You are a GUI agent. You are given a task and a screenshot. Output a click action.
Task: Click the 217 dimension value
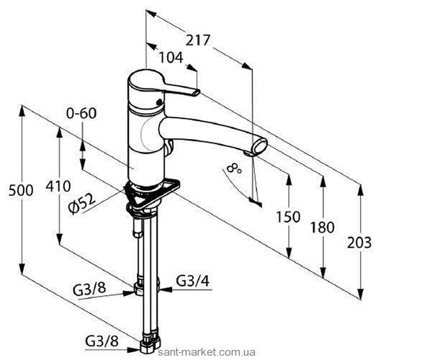point(197,40)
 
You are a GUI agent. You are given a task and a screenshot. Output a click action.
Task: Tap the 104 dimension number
point(171,58)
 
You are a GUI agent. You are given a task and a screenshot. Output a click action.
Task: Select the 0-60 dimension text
point(81,113)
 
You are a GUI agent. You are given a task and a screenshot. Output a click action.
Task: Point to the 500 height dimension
point(21,190)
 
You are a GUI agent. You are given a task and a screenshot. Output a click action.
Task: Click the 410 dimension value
point(58,186)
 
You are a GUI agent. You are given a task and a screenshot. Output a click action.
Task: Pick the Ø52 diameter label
point(82,203)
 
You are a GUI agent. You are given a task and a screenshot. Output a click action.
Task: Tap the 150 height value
point(288,217)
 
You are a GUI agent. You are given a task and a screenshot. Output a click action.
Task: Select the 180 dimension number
point(323,228)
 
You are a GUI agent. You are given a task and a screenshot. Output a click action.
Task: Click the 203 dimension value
point(359,243)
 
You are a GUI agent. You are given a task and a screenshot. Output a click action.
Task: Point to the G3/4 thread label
point(193,282)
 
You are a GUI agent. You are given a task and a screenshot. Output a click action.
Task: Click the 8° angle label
point(234,168)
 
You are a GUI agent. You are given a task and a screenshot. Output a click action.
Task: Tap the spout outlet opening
point(261,145)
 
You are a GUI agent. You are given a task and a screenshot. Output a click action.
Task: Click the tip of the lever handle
point(197,93)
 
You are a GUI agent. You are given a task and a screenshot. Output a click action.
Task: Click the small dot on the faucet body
point(158,102)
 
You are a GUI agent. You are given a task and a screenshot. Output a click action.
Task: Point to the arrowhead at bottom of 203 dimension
point(360,293)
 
